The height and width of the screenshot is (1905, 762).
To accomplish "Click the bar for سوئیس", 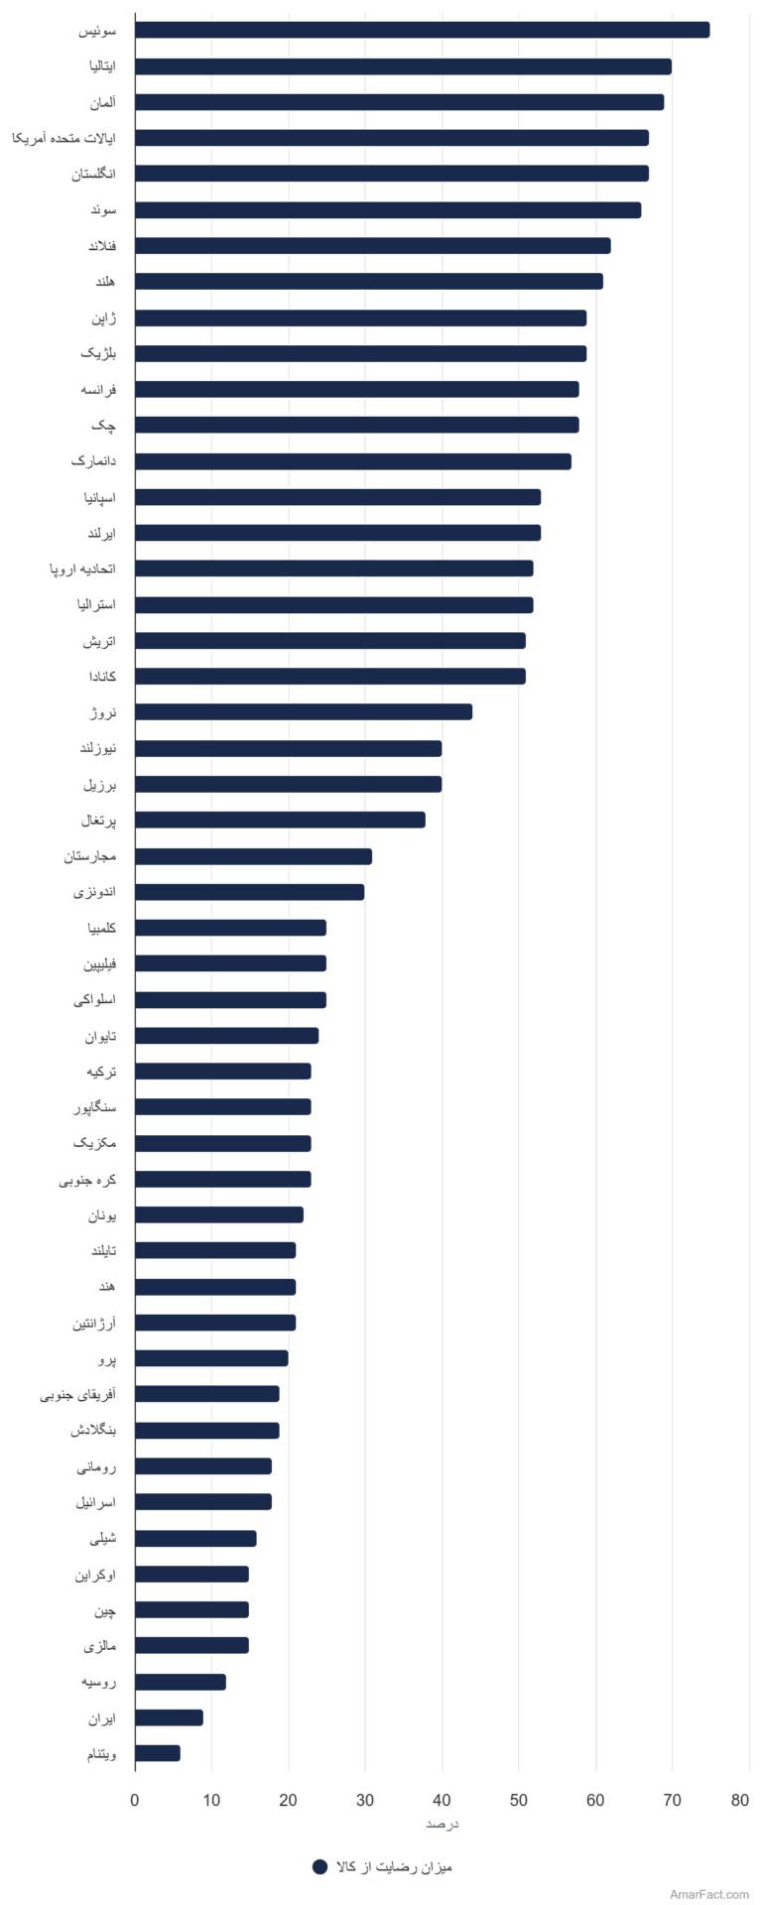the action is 423,30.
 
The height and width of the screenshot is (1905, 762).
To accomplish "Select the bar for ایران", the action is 170,1717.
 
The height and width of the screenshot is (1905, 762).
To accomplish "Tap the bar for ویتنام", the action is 158,1753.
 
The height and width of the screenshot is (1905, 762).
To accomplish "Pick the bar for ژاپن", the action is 361,317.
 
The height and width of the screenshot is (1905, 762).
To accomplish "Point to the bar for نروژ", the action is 304,711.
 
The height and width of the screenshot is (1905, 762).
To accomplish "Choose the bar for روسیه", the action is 181,1682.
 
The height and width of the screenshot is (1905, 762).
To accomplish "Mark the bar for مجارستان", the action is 254,856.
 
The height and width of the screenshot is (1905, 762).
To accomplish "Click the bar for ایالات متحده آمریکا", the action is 392,138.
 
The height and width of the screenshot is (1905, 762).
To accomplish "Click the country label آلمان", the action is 102,102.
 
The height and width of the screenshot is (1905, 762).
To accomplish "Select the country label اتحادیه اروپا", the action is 83,569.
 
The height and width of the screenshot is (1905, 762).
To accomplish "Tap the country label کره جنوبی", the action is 87,1179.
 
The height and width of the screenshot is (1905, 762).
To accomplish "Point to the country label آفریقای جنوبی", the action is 78,1394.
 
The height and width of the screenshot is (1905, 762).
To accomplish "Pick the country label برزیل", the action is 100,784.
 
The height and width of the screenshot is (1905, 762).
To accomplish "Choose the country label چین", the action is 105,1609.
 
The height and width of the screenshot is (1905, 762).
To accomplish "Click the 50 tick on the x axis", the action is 519,1801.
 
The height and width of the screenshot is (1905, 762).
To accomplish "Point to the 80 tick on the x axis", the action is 740,1801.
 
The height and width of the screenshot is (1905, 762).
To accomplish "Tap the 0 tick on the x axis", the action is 135,1801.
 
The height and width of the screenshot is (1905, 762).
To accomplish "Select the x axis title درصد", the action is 442,1824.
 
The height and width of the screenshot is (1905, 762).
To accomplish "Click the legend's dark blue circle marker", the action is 319,1866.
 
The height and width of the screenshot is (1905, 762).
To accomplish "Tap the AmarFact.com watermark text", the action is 709,1894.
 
